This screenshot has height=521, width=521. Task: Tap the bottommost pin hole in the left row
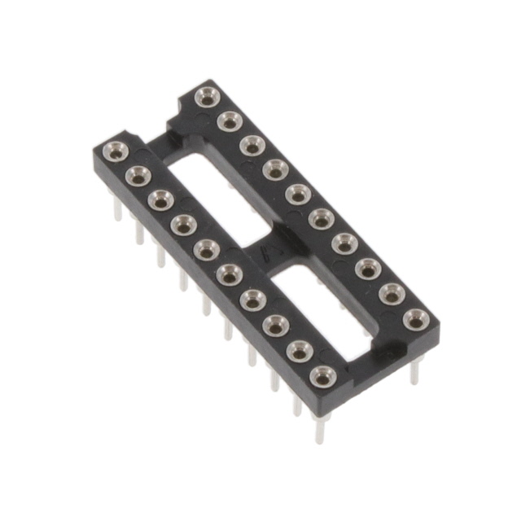tap(322, 377)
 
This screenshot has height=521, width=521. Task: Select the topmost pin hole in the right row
tap(208, 97)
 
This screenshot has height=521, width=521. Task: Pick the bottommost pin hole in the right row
tap(415, 318)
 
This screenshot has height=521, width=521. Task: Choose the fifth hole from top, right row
tap(298, 194)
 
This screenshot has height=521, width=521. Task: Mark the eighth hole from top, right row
tap(369, 268)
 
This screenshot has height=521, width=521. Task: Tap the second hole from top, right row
tap(230, 121)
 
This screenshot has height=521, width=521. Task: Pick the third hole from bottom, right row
tap(369, 268)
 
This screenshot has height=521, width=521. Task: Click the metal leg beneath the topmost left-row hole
tap(117, 209)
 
